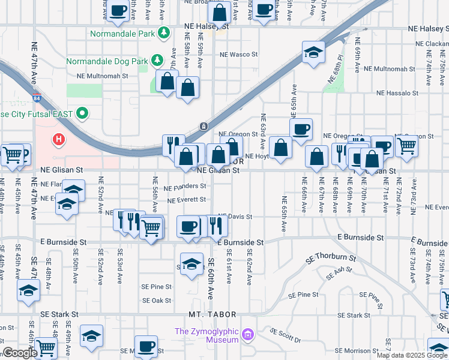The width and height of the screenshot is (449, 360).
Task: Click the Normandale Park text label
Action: [x=122, y=34]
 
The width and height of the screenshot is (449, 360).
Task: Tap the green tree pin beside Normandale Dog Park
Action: [x=157, y=59]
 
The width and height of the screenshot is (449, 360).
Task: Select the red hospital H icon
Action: [x=59, y=140]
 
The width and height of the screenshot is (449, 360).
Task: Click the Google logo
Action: [x=20, y=353]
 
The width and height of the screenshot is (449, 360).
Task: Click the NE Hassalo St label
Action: [x=397, y=93]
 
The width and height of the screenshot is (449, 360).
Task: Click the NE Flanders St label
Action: [x=185, y=187]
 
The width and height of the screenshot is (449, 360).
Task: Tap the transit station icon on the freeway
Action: [x=204, y=126]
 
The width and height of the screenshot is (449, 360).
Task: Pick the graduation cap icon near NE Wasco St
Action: [x=313, y=53]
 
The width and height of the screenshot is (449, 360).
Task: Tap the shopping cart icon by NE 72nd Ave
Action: [x=407, y=145]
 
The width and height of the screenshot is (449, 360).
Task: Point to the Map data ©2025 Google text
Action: [x=412, y=355]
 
